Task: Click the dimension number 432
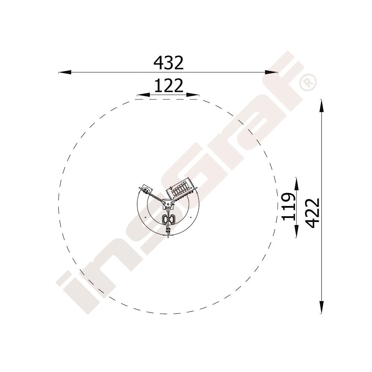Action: click(x=169, y=63)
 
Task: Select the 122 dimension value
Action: click(x=169, y=86)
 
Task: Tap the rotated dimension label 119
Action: click(x=289, y=206)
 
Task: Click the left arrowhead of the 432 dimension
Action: click(x=65, y=72)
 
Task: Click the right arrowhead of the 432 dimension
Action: click(x=271, y=72)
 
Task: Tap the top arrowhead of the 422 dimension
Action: click(x=321, y=106)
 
